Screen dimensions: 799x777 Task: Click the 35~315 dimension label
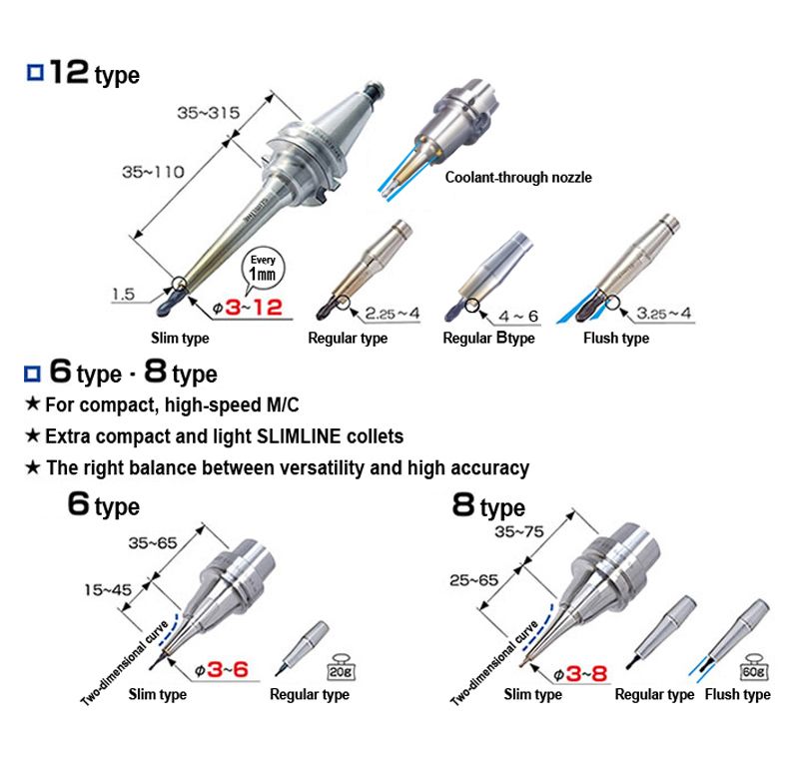tap(209, 113)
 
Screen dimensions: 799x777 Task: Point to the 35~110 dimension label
tap(153, 172)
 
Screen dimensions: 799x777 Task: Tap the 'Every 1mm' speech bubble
tap(263, 269)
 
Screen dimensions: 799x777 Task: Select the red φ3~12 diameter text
tap(247, 308)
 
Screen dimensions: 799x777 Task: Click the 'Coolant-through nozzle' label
tap(518, 178)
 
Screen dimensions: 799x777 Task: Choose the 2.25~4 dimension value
tap(393, 314)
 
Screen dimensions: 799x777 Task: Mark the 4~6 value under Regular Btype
tap(518, 316)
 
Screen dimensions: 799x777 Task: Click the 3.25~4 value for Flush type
tap(664, 313)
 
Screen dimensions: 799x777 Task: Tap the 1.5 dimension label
tap(123, 294)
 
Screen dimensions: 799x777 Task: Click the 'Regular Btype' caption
tap(488, 338)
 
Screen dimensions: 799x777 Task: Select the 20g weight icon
tap(341, 667)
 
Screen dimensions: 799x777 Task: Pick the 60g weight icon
tap(753, 667)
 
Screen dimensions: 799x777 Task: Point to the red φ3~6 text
tap(222, 670)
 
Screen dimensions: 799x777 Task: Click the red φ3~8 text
tap(581, 674)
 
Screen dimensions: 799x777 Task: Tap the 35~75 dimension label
tap(518, 532)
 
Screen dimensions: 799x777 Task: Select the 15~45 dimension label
tap(108, 590)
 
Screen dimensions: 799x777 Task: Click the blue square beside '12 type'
tap(35, 72)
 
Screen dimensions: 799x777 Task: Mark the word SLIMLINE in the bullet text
tap(299, 436)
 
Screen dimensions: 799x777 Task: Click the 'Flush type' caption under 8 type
tap(737, 694)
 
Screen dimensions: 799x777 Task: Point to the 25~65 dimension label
tap(473, 580)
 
